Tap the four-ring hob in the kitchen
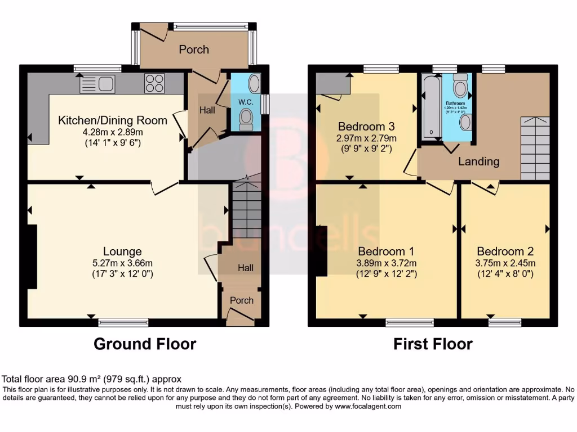tap(154, 84)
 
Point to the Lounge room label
tap(122, 251)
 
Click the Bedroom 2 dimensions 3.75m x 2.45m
tap(505, 263)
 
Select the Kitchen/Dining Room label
tap(113, 120)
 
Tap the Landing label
tap(478, 161)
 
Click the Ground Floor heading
tap(145, 344)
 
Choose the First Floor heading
tap(433, 344)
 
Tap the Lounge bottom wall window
tap(123, 322)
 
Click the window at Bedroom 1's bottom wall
tap(410, 322)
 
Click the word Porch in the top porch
tap(194, 49)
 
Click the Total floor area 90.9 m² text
tap(92, 379)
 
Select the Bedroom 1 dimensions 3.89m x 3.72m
tap(387, 263)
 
